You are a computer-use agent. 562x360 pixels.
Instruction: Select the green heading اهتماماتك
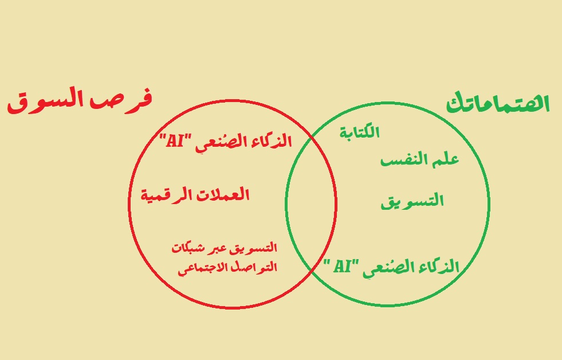498,104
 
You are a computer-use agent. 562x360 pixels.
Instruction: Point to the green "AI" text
341,266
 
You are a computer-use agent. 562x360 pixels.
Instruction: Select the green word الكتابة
360,132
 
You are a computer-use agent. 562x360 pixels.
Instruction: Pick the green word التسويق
412,201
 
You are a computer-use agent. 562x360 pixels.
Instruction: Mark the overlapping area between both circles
311,205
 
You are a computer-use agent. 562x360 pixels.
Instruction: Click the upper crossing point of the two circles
311,136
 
